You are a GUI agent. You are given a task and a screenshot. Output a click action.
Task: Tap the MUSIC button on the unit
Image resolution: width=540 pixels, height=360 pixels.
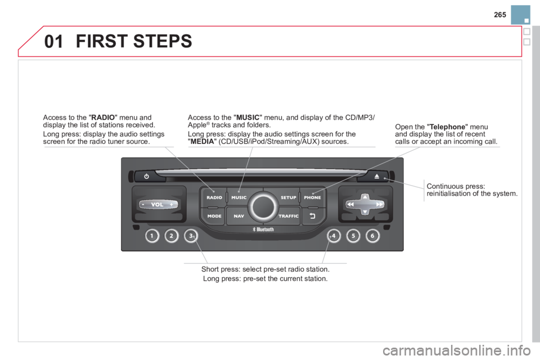pos(239,197)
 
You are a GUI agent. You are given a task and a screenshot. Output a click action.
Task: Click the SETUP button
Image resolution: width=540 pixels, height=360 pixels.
pos(288,197)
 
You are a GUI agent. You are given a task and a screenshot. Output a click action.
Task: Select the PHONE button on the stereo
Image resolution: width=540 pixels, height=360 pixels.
pos(312,197)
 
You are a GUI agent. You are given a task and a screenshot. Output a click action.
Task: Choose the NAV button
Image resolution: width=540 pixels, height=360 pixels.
pos(239,216)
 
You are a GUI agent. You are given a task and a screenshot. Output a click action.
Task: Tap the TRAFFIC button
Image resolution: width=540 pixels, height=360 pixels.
pos(289,216)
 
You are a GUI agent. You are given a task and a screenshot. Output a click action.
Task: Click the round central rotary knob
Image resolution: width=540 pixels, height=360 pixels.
pos(263,206)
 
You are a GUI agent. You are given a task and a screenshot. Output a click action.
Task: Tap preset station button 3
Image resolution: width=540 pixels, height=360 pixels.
pos(191,236)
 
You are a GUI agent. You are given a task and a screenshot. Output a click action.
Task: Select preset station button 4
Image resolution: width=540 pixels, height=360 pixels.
pos(334,236)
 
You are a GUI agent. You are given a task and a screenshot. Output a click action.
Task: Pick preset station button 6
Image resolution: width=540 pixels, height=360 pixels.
pos(372,236)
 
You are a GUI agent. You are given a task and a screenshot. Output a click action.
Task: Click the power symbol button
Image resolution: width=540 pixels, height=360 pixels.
pos(147,177)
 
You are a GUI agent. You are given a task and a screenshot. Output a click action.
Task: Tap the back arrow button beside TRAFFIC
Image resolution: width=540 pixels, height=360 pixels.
pos(312,216)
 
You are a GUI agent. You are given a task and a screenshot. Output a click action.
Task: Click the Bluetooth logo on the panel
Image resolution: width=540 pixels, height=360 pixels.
pos(263,229)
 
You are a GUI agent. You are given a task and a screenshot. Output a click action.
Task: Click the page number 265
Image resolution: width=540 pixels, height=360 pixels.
pos(499,15)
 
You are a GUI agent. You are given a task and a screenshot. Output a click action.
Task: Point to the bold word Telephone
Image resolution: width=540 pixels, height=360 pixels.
pos(447,127)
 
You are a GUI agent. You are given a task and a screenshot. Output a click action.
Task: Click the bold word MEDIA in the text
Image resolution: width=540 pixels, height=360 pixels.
pos(202,142)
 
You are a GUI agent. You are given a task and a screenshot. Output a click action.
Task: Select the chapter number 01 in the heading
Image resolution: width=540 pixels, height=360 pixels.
pos(54,41)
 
